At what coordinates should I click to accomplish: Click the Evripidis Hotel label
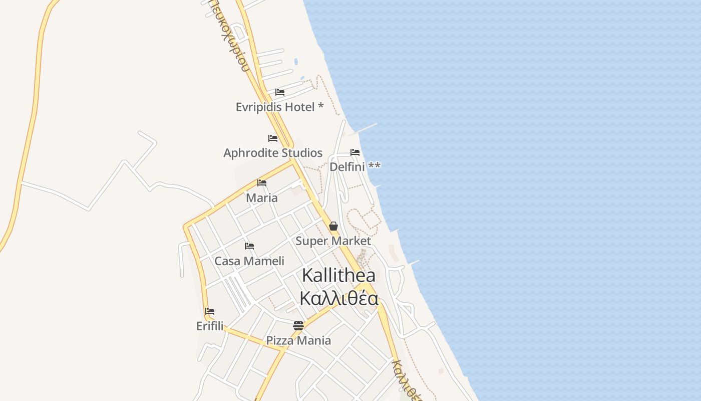279,107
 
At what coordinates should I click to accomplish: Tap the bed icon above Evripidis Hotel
280,92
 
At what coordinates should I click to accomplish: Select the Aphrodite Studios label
273,153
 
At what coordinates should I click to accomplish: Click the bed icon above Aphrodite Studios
273,138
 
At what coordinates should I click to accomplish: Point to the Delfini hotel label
355,166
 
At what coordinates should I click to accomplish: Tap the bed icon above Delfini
355,152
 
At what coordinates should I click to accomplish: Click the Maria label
262,198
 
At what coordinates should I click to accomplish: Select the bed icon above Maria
262,183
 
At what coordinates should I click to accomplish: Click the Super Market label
333,241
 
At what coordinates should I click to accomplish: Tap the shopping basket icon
333,226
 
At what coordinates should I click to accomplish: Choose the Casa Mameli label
249,261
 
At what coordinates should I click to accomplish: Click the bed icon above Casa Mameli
249,246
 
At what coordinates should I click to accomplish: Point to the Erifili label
210,326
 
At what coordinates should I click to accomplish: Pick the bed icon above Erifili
210,311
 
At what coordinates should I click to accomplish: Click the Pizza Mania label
298,341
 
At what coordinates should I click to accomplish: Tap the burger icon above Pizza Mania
298,326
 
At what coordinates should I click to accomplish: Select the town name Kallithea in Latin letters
338,275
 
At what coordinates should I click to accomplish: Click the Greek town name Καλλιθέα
338,299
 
